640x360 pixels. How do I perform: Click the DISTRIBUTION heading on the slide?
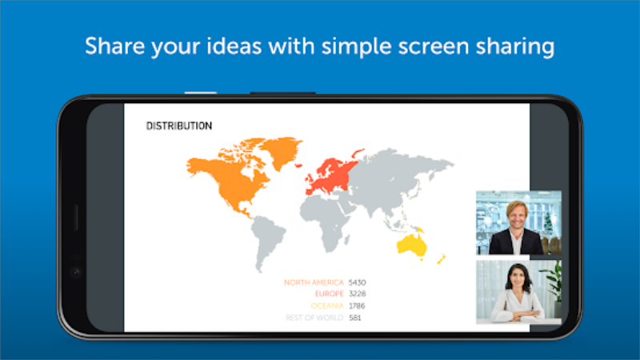pos(179,126)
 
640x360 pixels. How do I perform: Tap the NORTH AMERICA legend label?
pos(314,282)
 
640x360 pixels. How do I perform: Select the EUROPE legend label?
pos(329,294)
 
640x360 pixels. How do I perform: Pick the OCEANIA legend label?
pos(327,306)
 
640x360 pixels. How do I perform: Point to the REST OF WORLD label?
pos(314,318)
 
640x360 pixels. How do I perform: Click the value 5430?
pos(357,282)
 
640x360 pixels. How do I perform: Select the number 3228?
pos(357,294)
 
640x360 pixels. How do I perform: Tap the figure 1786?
pos(357,306)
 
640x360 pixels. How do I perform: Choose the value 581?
pos(355,318)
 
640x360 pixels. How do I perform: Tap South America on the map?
pos(266,242)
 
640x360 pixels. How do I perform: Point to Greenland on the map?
pos(282,151)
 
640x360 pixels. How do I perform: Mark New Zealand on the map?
pos(442,258)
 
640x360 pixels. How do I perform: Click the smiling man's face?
pos(517,215)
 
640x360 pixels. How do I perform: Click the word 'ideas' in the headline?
pos(234,46)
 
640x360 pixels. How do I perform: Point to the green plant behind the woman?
pos(552,282)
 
